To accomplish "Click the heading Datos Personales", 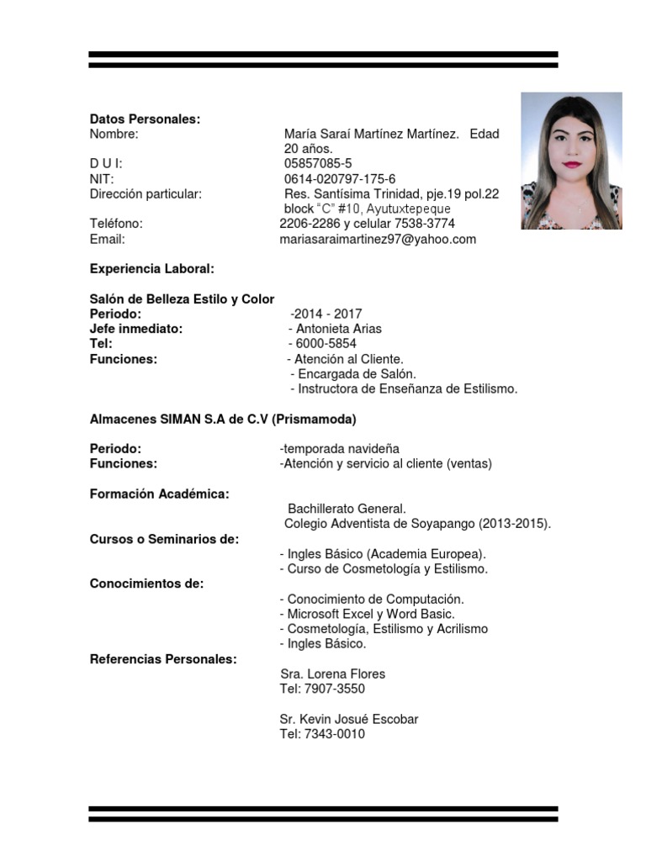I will pos(145,119).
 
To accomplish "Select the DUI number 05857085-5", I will pos(318,164).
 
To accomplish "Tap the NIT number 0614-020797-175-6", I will pos(340,179).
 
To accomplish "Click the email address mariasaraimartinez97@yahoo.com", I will pos(378,240).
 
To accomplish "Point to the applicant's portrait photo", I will pos(571,161).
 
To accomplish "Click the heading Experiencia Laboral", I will pos(151,269).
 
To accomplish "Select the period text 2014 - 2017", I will pos(326,314).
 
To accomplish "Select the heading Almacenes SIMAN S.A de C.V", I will pos(223,419).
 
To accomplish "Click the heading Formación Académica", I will pos(159,494).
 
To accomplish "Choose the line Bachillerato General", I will pos(347,509).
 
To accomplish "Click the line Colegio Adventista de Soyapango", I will pos(418,524).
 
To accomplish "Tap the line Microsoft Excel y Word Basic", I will pos(368,615).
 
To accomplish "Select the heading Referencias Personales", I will pos(163,659).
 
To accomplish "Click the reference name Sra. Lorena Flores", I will pos(332,674).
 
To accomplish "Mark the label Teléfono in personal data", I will pos(116,224).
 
